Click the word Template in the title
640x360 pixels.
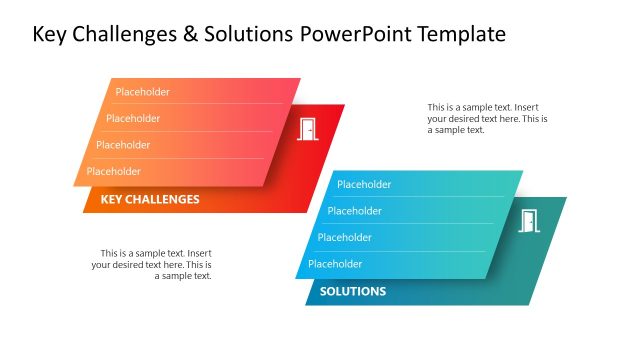[460, 35]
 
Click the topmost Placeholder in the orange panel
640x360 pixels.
[142, 92]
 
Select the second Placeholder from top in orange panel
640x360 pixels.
[133, 118]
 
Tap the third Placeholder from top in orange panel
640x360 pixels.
[123, 145]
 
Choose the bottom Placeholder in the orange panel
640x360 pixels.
[113, 171]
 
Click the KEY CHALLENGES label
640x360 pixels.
[150, 199]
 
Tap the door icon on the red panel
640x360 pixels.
[308, 128]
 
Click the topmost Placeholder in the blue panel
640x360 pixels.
[364, 184]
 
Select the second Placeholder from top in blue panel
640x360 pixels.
[354, 211]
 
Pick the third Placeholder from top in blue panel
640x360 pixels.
[345, 237]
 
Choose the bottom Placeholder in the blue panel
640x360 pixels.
[335, 264]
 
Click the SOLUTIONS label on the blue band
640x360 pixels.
[353, 292]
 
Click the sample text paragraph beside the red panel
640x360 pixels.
[487, 118]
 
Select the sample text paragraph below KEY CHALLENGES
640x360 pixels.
[152, 264]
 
